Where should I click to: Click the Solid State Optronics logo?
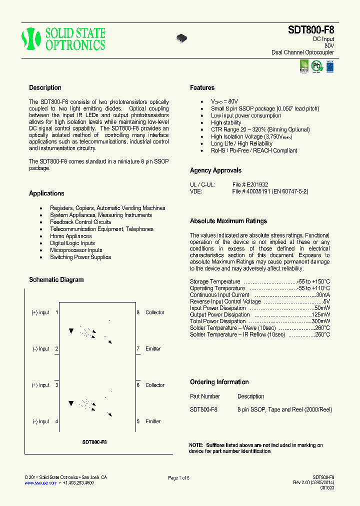63,39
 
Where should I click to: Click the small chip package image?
181,38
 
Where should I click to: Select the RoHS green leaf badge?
304,66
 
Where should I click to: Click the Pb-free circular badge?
317,66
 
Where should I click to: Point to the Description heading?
45,87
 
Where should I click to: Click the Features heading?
202,87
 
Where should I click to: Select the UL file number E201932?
257,184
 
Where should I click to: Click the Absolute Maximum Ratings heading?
228,221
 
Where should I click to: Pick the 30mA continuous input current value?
322,295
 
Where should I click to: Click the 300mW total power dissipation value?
320,321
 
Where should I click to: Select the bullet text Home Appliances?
70,236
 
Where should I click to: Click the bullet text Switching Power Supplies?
80,257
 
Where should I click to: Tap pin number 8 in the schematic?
138,312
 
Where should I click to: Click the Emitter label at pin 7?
153,348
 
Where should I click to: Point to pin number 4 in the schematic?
56,421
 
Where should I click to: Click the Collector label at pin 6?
154,385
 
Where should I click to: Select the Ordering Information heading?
219,382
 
